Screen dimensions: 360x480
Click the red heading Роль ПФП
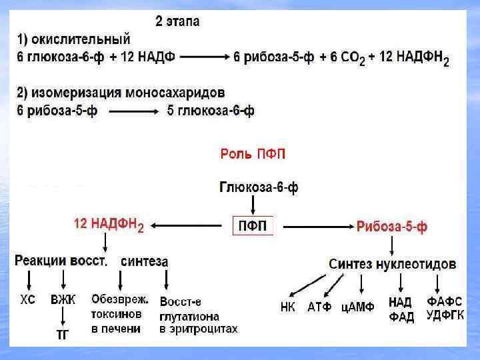(x=253, y=155)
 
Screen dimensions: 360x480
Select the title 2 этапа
(x=177, y=21)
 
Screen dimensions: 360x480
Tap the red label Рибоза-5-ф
(x=392, y=227)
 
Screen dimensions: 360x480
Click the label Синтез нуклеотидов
(x=393, y=264)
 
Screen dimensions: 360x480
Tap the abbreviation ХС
(x=27, y=301)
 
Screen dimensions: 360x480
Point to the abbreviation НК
(x=288, y=307)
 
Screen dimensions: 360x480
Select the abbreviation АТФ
(x=320, y=307)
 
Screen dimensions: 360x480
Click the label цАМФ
(x=358, y=307)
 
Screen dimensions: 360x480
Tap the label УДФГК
(x=445, y=315)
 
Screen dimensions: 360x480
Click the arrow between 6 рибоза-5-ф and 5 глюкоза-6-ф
(x=132, y=111)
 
